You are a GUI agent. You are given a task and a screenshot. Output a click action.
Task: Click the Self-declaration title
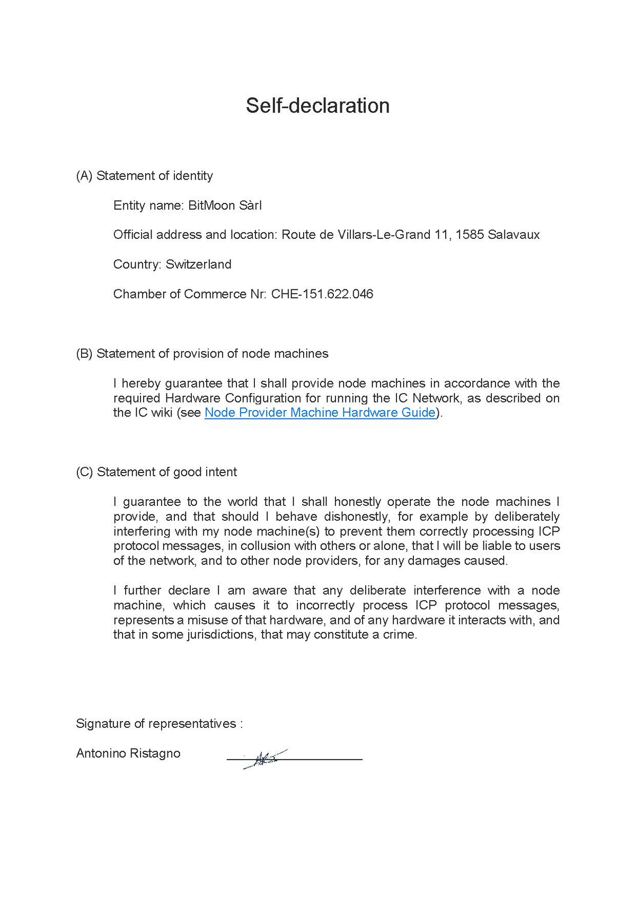(317, 106)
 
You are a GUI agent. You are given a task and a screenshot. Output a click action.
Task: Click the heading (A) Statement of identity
(144, 176)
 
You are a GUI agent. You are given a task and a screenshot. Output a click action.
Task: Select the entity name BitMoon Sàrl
(225, 206)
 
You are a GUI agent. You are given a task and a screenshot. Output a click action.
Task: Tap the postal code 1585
(470, 235)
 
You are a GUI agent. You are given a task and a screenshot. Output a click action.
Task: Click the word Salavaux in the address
(514, 235)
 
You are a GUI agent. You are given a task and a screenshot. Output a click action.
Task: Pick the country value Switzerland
(198, 264)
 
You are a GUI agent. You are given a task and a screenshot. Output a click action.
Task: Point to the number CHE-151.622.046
(322, 294)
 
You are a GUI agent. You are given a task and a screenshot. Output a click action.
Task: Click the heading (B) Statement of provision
(202, 353)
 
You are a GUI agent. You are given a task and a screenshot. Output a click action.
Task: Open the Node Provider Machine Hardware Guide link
(320, 413)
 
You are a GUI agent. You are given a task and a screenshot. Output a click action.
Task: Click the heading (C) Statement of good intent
(156, 472)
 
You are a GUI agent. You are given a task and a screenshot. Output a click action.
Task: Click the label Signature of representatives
(159, 724)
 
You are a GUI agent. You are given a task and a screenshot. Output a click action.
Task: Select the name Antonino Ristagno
(128, 753)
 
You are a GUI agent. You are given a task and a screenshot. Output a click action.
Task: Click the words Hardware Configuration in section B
(233, 398)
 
